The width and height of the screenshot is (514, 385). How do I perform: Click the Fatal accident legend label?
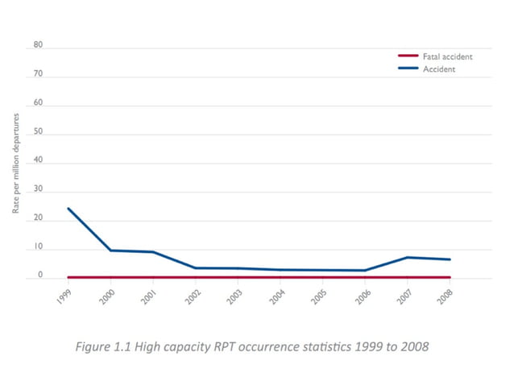pyautogui.click(x=447, y=56)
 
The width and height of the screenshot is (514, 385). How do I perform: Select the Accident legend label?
pyautogui.click(x=439, y=69)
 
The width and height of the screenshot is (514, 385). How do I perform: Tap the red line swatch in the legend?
pyautogui.click(x=408, y=56)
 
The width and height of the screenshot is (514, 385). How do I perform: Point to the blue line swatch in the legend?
pyautogui.click(x=408, y=69)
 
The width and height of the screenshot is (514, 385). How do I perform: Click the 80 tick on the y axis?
pyautogui.click(x=37, y=46)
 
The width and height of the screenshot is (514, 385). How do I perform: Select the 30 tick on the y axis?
pyautogui.click(x=37, y=192)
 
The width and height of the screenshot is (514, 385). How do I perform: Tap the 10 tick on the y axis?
pyautogui.click(x=37, y=249)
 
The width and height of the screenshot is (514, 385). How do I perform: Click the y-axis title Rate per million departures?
pyautogui.click(x=16, y=164)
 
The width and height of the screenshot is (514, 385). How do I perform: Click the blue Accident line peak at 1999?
pyautogui.click(x=68, y=209)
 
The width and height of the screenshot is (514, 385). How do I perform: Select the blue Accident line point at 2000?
pyautogui.click(x=110, y=250)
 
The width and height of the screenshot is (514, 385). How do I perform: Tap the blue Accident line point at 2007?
pyautogui.click(x=408, y=257)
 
